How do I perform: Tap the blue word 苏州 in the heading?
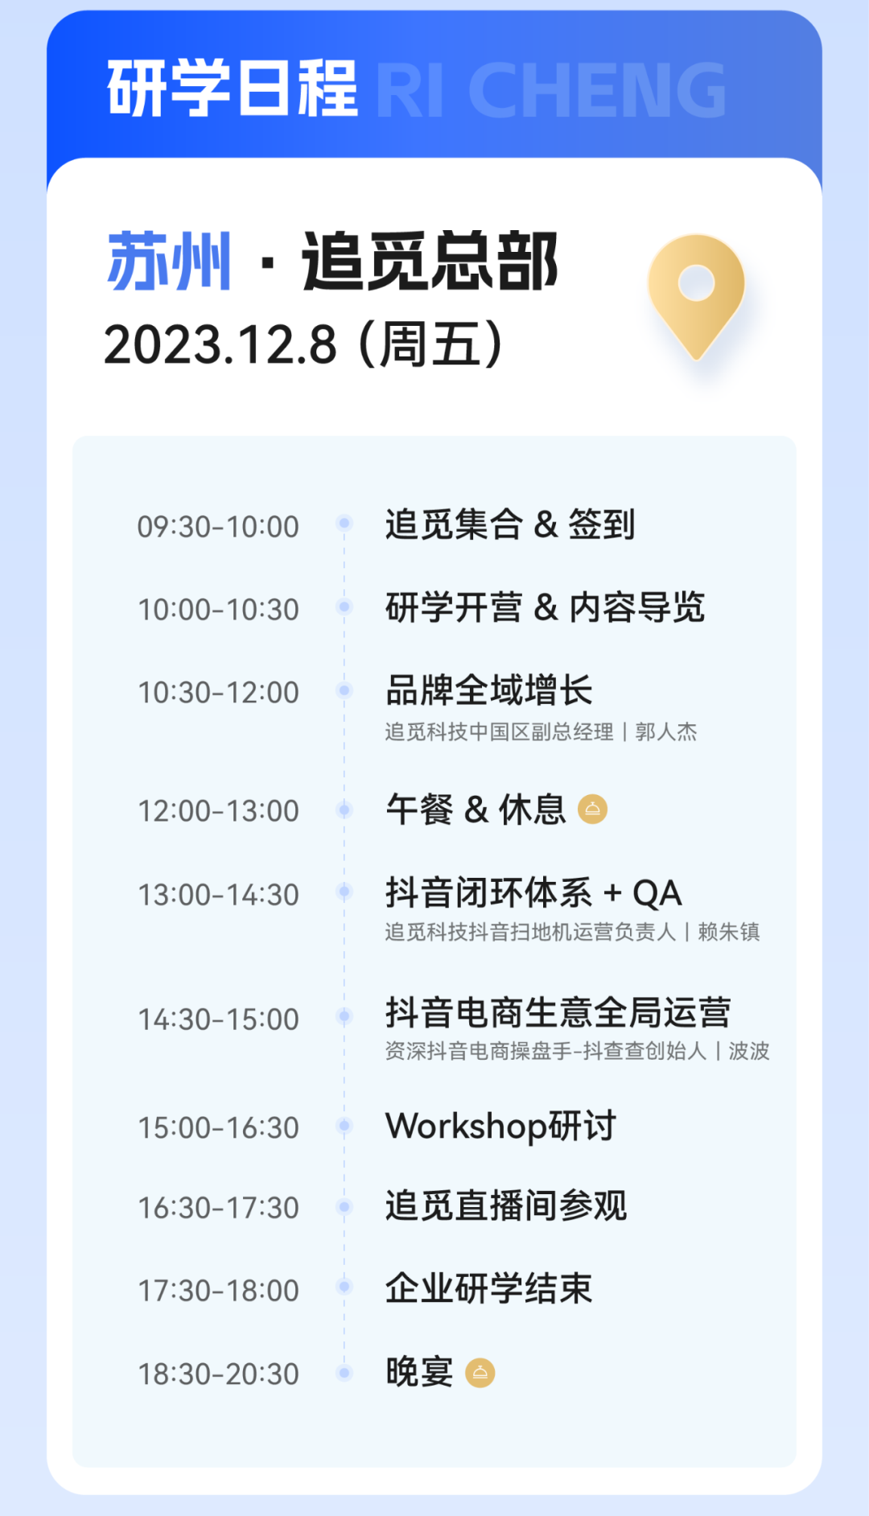(x=169, y=261)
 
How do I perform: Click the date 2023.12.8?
(x=220, y=345)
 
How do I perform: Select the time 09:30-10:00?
(x=218, y=527)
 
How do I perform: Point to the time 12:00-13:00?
(x=218, y=811)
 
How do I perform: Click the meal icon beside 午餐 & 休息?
(x=592, y=809)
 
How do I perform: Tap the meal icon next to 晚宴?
(x=480, y=1373)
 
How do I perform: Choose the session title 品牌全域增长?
(x=489, y=690)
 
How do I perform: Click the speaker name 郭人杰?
(x=666, y=731)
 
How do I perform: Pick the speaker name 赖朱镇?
(x=729, y=932)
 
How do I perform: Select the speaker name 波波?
(x=749, y=1051)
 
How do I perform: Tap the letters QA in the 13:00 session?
(x=657, y=893)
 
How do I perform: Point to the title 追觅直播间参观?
(x=506, y=1206)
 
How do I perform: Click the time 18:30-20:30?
(x=218, y=1374)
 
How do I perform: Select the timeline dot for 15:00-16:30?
(x=344, y=1126)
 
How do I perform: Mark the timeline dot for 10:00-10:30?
(x=344, y=607)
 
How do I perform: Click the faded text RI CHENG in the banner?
(x=551, y=90)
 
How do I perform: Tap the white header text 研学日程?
(x=233, y=89)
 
